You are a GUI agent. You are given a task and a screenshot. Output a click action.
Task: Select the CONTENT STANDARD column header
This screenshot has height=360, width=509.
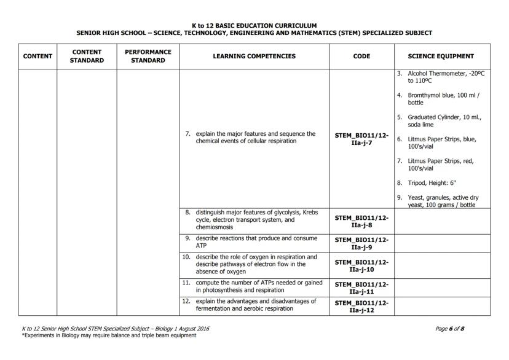[x=87, y=57]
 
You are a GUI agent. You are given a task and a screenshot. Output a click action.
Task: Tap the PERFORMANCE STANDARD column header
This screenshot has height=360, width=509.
[x=148, y=57]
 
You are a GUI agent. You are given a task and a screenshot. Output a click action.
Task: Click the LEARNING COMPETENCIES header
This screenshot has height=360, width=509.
[x=254, y=57]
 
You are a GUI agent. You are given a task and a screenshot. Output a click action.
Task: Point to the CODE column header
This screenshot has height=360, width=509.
[x=361, y=57]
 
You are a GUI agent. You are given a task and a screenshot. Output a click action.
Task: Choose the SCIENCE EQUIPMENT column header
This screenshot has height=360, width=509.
[x=441, y=57]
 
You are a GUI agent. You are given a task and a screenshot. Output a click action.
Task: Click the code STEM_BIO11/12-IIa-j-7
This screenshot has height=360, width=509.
[x=361, y=138]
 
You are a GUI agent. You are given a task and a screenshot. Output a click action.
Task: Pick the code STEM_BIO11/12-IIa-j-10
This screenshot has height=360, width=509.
[x=361, y=265]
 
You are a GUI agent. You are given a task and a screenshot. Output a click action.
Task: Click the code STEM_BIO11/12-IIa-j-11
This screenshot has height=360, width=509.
[x=361, y=286]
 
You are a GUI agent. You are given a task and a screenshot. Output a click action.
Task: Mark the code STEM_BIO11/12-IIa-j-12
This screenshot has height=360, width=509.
[x=361, y=305]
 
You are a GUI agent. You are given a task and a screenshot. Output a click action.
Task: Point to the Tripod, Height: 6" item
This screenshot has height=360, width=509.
[x=432, y=182]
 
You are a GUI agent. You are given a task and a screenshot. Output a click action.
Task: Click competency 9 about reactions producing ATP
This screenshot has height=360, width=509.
[x=255, y=241]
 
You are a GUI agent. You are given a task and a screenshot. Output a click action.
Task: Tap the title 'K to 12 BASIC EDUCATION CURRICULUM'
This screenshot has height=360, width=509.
[x=254, y=25]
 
